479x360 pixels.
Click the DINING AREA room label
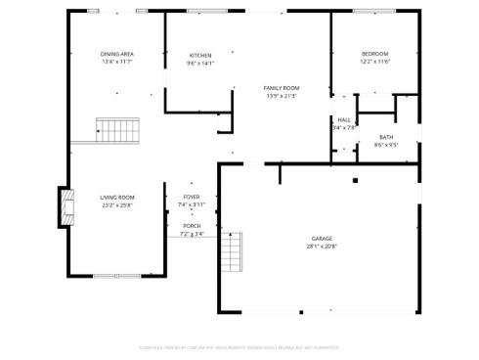[x=116, y=54]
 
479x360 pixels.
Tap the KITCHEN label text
[x=199, y=55]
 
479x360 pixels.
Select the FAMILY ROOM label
[x=282, y=88]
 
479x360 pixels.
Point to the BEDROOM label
[x=374, y=53]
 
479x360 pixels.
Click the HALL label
[x=344, y=119]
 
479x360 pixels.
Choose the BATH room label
[x=386, y=137]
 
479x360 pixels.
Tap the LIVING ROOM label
[x=116, y=198]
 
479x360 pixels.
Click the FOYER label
[x=192, y=197]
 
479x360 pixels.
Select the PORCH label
[x=192, y=226]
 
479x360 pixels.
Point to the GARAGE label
[x=322, y=239]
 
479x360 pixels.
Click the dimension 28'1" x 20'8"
[x=322, y=247]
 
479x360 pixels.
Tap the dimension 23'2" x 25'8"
[x=116, y=205]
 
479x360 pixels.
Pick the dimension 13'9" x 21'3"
[x=282, y=96]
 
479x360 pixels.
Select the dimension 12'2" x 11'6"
[x=374, y=62]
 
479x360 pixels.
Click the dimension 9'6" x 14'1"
[x=199, y=63]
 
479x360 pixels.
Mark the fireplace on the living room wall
[x=67, y=206]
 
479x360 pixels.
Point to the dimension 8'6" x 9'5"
[x=386, y=145]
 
